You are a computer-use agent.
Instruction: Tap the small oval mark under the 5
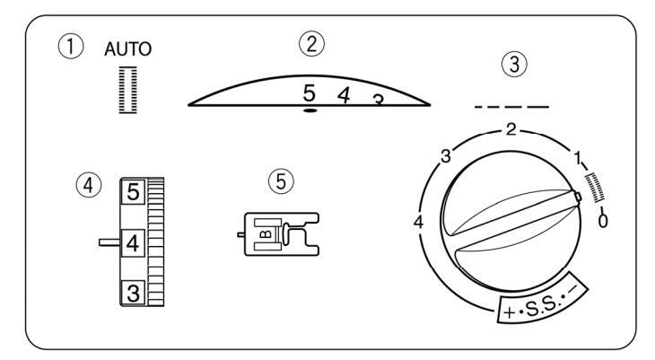click(x=309, y=110)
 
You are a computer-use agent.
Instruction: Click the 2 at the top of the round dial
click(x=511, y=130)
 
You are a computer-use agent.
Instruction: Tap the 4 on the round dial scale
click(x=420, y=220)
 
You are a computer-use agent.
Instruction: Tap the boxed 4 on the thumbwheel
click(x=131, y=241)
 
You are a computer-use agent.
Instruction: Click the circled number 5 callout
click(x=281, y=181)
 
